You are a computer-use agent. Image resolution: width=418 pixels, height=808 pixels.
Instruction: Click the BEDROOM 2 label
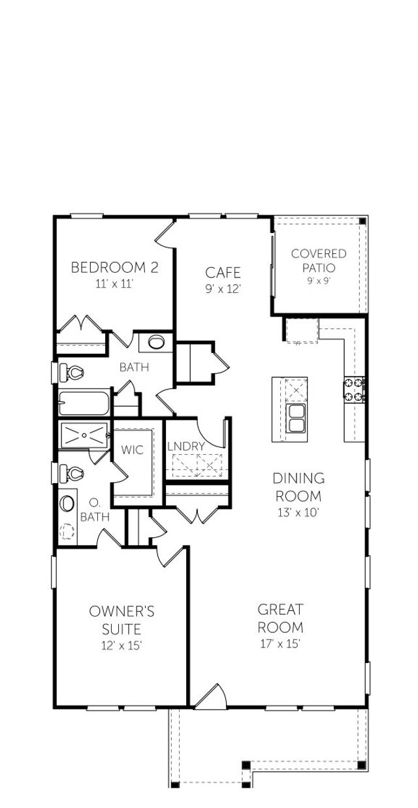(114, 268)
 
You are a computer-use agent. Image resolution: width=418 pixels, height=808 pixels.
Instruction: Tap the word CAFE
(223, 272)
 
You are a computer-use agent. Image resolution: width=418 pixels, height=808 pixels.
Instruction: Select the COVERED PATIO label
(319, 260)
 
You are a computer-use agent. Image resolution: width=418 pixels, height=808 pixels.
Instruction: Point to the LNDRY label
(186, 446)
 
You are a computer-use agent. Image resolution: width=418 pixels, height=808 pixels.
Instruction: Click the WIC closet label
(132, 450)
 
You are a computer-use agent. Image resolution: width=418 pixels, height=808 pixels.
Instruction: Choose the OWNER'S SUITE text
(121, 620)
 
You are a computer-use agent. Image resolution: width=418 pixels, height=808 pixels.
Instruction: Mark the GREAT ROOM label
(280, 618)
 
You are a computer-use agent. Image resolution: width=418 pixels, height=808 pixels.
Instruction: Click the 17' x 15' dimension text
(280, 644)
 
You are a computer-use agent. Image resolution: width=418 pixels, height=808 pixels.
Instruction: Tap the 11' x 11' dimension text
(114, 284)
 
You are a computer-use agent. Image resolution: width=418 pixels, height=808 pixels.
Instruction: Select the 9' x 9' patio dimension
(319, 281)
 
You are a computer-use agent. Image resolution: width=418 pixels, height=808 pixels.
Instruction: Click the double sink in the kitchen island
(296, 418)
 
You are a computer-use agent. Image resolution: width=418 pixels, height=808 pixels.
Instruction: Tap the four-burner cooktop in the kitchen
(354, 390)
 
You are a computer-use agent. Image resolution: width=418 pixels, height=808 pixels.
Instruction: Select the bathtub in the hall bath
(84, 403)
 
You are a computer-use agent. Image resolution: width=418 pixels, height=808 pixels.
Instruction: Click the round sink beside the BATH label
(155, 341)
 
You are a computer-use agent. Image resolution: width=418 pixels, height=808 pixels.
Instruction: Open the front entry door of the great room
(212, 697)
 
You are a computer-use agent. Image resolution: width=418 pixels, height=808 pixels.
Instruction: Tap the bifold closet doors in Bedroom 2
(81, 324)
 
